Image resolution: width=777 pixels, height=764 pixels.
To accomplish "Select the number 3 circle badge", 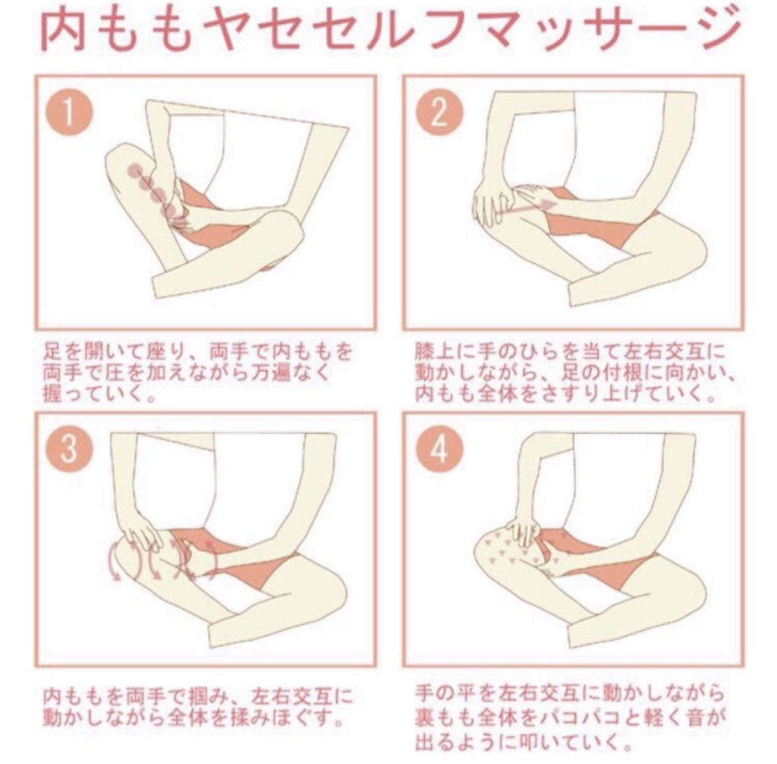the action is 69,450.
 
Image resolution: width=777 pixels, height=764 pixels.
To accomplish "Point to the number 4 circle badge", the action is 439,450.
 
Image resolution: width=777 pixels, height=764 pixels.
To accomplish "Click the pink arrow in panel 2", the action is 527,207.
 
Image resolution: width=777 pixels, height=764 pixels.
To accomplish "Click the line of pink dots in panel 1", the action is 150,191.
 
